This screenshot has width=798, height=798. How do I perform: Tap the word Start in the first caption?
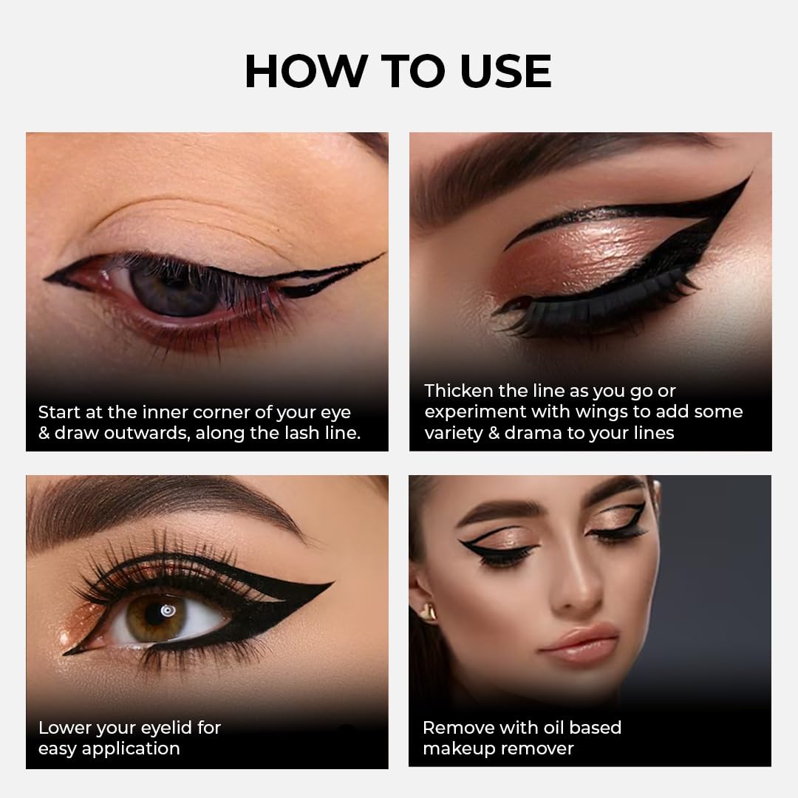click(x=61, y=412)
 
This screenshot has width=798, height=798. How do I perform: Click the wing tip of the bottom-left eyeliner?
click(x=330, y=585)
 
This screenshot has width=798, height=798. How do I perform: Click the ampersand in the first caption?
click(x=44, y=433)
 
